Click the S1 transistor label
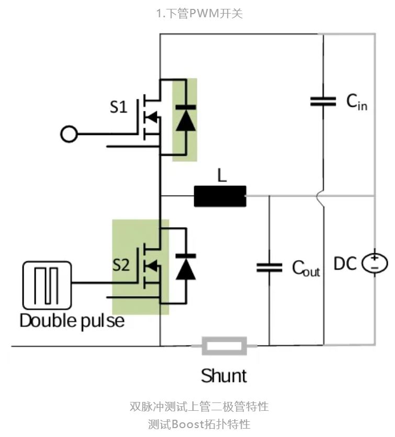(x=118, y=108)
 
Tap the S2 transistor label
(x=121, y=265)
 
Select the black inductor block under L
(x=220, y=196)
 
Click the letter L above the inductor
(x=222, y=176)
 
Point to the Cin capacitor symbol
(x=323, y=102)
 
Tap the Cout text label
(x=306, y=268)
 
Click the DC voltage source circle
(x=375, y=263)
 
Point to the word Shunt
(x=224, y=375)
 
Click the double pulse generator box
(x=47, y=285)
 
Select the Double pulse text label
(x=72, y=320)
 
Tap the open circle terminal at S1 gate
(x=69, y=135)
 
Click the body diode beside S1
(x=184, y=117)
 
